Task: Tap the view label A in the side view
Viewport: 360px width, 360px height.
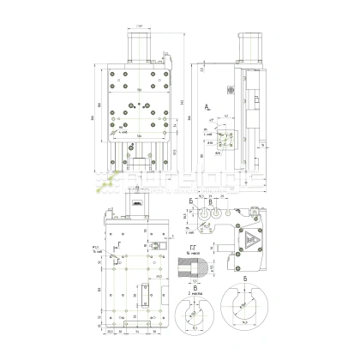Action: (208, 104)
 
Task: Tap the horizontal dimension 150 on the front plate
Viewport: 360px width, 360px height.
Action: (139, 87)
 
